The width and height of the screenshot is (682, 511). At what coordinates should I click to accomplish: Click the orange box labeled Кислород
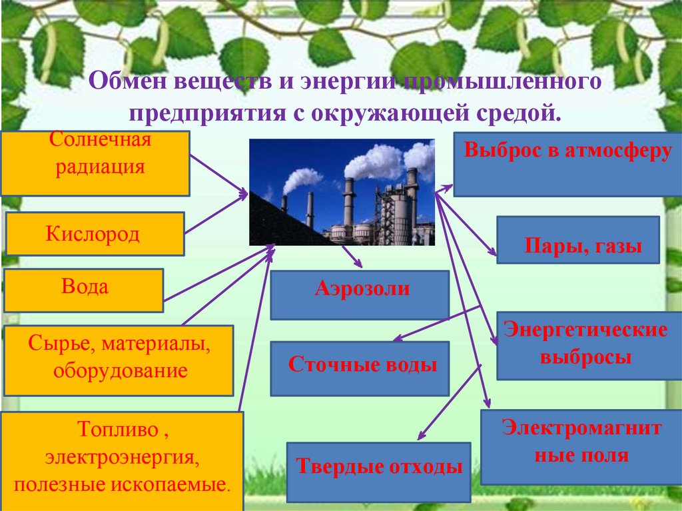(x=95, y=234)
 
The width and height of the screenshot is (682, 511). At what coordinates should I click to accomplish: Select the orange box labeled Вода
(x=83, y=290)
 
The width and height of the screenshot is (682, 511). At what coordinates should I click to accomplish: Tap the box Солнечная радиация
(x=95, y=163)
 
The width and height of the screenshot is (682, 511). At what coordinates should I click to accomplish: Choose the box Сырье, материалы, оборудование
(x=119, y=360)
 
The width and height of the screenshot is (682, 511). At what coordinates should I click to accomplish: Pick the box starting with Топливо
(x=121, y=460)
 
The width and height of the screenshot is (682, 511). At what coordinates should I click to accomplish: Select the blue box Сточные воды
(x=360, y=368)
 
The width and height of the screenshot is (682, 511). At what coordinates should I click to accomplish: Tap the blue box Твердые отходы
(x=378, y=472)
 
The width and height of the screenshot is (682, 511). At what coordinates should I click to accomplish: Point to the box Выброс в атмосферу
(x=567, y=163)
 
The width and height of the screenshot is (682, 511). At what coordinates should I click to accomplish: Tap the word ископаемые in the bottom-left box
(x=180, y=484)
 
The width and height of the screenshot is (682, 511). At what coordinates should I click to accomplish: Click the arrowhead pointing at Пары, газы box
(x=493, y=253)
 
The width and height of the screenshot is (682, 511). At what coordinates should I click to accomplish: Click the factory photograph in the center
(x=342, y=192)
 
